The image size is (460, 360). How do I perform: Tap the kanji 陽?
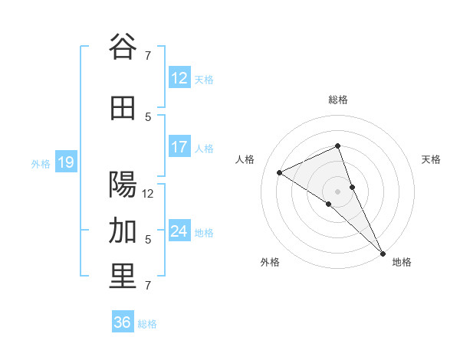(x=123, y=185)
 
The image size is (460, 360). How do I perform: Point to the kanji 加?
(x=123, y=231)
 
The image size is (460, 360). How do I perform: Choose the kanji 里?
(x=123, y=277)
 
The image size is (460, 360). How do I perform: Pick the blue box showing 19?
(x=65, y=162)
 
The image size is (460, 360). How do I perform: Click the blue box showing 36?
(x=122, y=322)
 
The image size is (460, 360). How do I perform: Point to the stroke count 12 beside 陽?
(x=148, y=194)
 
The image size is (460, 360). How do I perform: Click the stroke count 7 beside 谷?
(x=148, y=55)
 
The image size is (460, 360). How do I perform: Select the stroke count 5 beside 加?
(x=148, y=239)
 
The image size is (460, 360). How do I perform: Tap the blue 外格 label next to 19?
(x=40, y=163)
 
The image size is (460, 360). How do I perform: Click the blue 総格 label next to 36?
(x=147, y=324)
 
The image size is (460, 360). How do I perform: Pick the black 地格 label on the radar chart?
(x=402, y=262)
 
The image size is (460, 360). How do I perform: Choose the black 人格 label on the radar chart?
(x=245, y=159)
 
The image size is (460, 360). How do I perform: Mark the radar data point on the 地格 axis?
(x=383, y=253)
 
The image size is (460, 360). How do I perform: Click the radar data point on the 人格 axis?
(x=280, y=172)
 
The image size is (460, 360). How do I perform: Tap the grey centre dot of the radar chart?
(x=337, y=191)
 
